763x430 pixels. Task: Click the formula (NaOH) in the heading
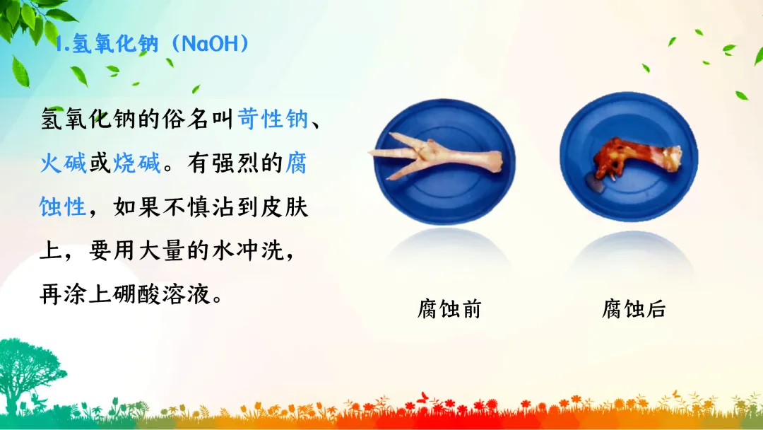coord(211,44)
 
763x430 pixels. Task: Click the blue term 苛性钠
coord(273,119)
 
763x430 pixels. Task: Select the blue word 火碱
coord(64,163)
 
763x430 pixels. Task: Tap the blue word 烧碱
coord(137,163)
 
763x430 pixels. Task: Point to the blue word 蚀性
coord(63,207)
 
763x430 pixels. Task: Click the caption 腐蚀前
coord(449,309)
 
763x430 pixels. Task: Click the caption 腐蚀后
coord(634,309)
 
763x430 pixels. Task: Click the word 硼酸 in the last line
coord(137,294)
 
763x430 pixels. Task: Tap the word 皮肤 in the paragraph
coord(285,207)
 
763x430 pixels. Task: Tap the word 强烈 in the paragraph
coord(235,163)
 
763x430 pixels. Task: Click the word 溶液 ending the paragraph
coord(185,294)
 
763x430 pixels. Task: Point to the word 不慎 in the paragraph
coord(187,207)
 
